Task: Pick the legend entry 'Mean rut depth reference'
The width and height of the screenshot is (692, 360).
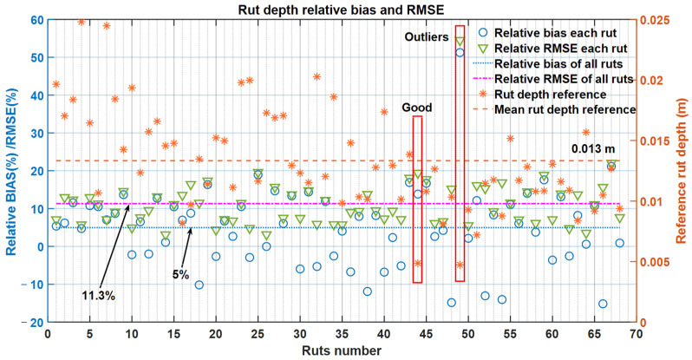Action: pos(565,109)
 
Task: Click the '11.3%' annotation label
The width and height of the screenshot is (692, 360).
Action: pos(97,296)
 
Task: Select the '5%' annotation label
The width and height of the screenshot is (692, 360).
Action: pos(180,276)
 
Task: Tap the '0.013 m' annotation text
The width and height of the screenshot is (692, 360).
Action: pos(591,148)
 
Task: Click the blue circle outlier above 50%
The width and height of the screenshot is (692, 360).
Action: pos(460,52)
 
